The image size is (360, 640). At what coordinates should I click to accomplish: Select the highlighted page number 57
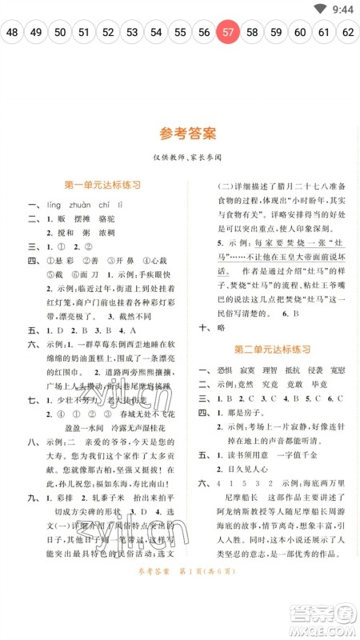tap(229, 33)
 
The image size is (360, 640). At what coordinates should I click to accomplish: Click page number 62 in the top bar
tap(348, 33)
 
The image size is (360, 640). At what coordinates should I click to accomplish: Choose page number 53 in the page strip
tap(132, 33)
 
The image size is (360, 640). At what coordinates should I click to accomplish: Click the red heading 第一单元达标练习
tap(102, 185)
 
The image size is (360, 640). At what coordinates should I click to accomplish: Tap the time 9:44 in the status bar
tap(342, 10)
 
